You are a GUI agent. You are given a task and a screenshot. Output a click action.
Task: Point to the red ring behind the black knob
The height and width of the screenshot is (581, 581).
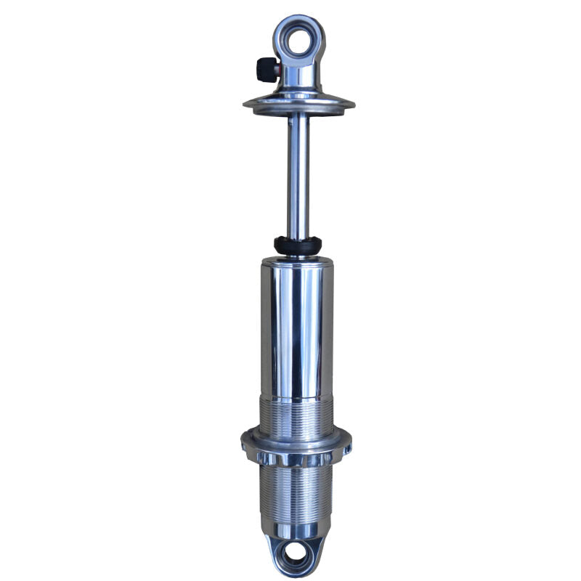(276, 70)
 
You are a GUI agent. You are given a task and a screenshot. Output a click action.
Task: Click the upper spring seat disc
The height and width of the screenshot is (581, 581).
(298, 104)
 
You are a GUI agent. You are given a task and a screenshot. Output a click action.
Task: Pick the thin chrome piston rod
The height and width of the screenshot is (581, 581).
(298, 174)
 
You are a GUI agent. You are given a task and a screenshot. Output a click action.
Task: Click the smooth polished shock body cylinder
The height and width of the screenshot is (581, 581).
(297, 327)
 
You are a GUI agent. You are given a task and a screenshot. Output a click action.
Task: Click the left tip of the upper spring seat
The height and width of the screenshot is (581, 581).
(245, 105)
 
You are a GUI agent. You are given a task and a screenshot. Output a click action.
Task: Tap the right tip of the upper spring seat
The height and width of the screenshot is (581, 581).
(354, 105)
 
